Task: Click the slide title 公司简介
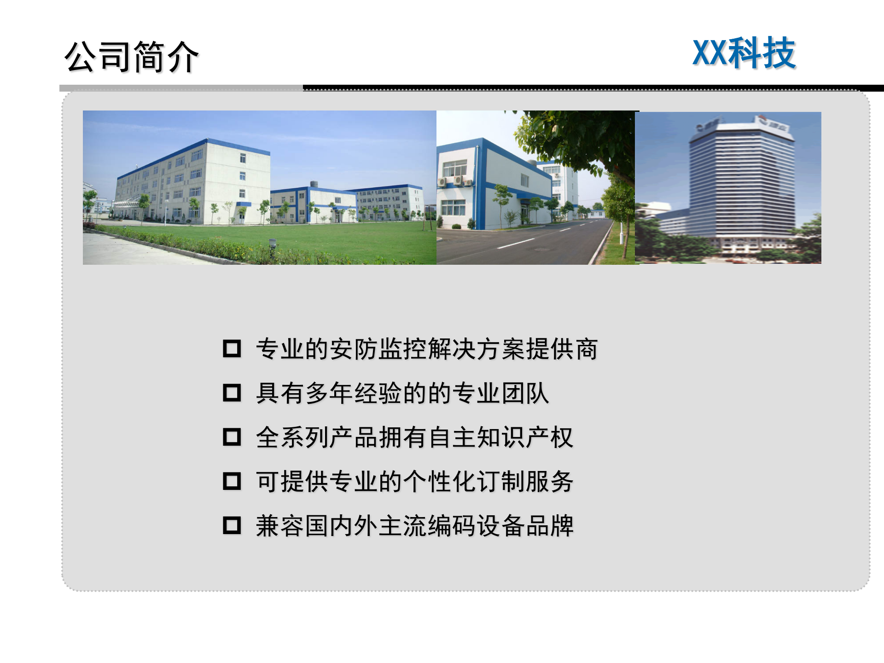click(x=131, y=57)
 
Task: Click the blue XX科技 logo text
click(x=744, y=53)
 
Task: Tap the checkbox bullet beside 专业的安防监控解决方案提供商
click(x=232, y=349)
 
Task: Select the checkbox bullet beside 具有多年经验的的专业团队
click(x=232, y=393)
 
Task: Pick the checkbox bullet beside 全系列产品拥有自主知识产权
click(x=232, y=437)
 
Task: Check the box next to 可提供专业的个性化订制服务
click(x=232, y=481)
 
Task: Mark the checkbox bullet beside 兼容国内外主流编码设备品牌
click(x=232, y=525)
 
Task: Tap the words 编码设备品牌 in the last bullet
click(x=500, y=526)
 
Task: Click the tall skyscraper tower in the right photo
click(x=741, y=184)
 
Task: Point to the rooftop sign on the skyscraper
click(x=773, y=124)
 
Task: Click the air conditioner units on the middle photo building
click(x=455, y=181)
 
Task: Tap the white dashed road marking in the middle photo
click(x=516, y=244)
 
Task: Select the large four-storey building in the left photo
click(x=193, y=180)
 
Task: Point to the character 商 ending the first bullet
click(x=586, y=349)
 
